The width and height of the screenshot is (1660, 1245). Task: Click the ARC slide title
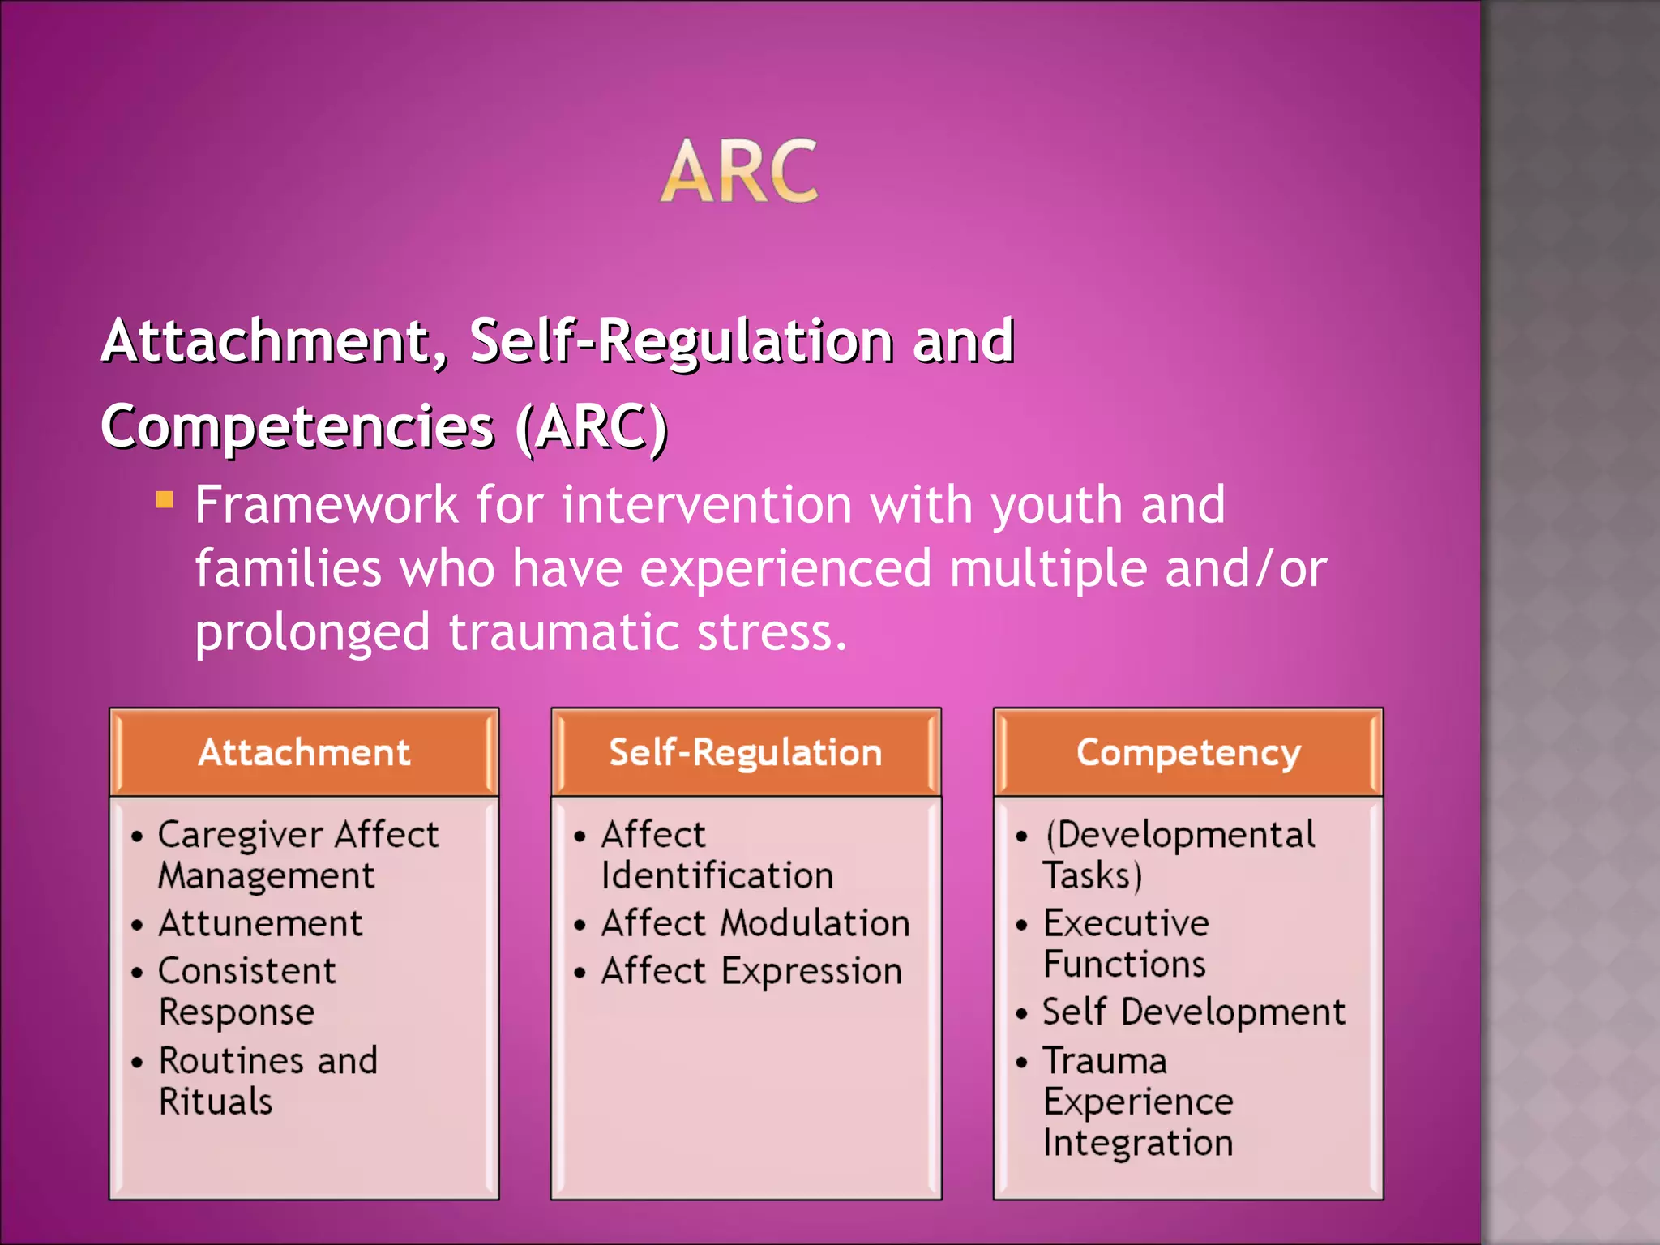tap(739, 171)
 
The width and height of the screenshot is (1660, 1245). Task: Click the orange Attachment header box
tap(304, 752)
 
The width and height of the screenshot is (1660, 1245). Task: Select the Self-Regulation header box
tap(746, 752)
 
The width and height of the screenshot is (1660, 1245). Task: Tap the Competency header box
tap(1188, 752)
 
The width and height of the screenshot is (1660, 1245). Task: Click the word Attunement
tap(260, 924)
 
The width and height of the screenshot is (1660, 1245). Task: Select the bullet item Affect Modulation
tap(755, 924)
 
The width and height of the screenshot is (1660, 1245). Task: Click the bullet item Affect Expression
tap(751, 972)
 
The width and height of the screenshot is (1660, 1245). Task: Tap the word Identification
tap(717, 876)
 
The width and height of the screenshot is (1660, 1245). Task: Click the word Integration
tap(1138, 1144)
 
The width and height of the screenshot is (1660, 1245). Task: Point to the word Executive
tap(1126, 924)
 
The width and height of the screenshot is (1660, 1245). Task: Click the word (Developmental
tap(1179, 835)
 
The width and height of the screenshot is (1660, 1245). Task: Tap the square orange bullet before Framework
tap(165, 499)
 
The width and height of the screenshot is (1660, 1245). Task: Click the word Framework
tap(327, 506)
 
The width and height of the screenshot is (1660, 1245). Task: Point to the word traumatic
tap(563, 633)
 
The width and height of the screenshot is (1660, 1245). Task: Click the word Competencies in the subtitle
tap(297, 427)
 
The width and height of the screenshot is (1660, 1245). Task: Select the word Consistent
tap(247, 972)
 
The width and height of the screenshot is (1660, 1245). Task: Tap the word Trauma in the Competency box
tap(1105, 1061)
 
